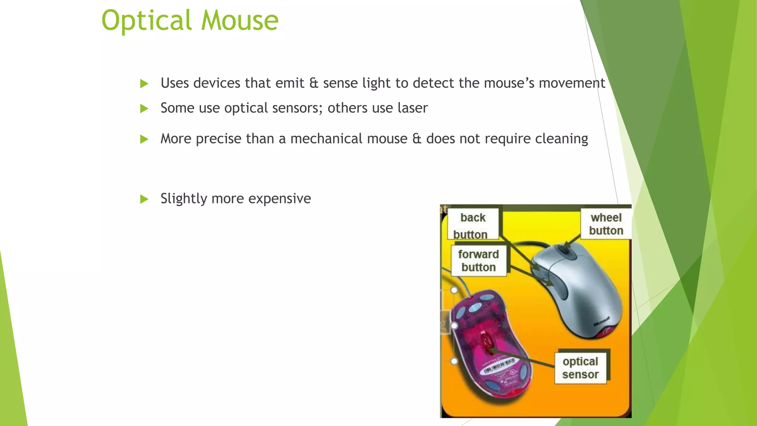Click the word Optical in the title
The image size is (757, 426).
(x=146, y=21)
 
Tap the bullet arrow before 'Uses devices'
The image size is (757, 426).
(x=144, y=84)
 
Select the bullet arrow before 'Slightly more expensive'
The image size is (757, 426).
(x=144, y=199)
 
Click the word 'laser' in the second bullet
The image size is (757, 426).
(x=413, y=108)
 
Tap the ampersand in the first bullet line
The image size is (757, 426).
(x=313, y=83)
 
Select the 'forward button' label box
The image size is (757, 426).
(x=478, y=261)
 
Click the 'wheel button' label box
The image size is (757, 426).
(x=606, y=224)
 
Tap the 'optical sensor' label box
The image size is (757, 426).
(x=580, y=368)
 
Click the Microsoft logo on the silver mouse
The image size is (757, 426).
(x=601, y=321)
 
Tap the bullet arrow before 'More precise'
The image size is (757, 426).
(x=144, y=139)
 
